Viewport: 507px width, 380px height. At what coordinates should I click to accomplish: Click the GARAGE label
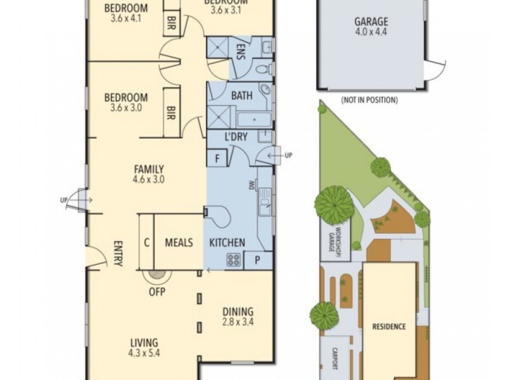[x=371, y=21]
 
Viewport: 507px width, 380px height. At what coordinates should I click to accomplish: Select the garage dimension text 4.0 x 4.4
[x=371, y=32]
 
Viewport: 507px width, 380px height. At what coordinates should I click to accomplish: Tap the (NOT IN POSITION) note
[x=369, y=100]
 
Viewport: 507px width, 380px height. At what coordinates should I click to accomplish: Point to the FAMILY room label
[x=149, y=169]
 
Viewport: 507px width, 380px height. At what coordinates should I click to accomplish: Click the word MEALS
[x=179, y=243]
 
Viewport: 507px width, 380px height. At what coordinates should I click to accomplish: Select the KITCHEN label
[x=228, y=243]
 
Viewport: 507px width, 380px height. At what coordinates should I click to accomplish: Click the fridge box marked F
[x=217, y=158]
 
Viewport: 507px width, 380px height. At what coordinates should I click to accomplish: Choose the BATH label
[x=241, y=96]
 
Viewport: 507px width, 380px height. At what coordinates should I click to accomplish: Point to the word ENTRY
[x=118, y=253]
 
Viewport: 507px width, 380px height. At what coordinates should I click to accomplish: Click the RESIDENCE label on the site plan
[x=389, y=327]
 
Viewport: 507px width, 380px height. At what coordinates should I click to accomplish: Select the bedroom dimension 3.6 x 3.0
[x=126, y=108]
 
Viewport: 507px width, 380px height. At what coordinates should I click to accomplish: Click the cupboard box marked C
[x=146, y=243]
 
